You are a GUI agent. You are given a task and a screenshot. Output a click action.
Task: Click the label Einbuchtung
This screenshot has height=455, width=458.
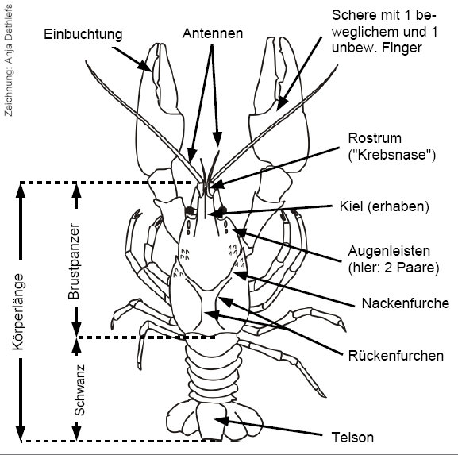click(83, 34)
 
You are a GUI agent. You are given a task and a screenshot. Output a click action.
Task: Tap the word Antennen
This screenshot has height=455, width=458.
click(213, 33)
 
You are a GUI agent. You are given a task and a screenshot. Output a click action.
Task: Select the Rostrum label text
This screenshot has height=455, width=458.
click(375, 138)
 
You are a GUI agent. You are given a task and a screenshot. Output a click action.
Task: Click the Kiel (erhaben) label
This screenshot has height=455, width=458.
click(384, 206)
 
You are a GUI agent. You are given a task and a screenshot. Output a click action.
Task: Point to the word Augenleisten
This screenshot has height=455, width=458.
click(389, 251)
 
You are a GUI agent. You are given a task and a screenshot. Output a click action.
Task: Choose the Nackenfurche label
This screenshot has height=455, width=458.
click(406, 303)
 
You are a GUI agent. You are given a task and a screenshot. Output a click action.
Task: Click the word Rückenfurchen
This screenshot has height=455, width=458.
click(396, 356)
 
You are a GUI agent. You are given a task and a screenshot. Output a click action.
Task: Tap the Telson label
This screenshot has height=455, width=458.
click(352, 438)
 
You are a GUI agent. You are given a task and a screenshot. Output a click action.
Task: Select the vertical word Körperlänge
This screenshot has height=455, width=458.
click(18, 311)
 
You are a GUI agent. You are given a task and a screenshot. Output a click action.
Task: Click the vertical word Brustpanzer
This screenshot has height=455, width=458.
click(74, 261)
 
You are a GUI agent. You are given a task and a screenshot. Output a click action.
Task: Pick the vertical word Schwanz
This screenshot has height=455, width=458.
click(79, 390)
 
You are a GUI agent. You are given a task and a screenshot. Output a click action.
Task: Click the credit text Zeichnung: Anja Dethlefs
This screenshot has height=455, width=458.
click(9, 60)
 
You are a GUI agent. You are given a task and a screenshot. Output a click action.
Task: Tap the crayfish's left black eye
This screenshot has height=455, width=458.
click(191, 210)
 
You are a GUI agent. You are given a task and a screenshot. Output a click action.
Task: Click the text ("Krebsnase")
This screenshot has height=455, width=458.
click(392, 155)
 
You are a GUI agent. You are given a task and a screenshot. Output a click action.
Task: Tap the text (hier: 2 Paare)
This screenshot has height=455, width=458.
click(394, 268)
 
